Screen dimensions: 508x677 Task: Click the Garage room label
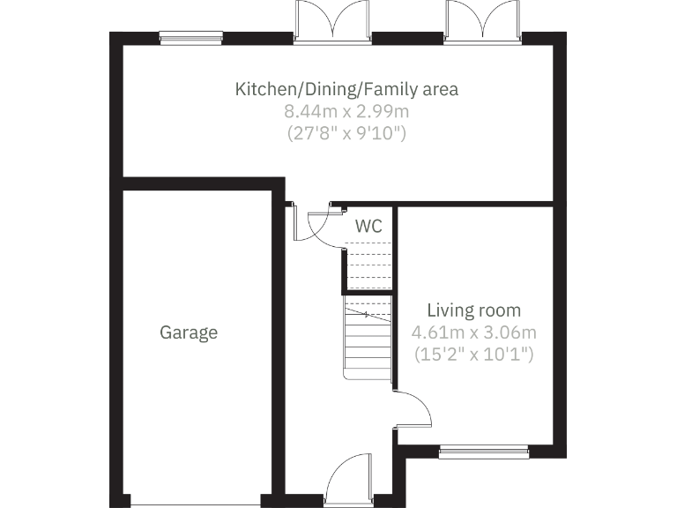point(188,332)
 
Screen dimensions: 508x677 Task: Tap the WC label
point(368,226)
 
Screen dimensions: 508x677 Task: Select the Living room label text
point(473,310)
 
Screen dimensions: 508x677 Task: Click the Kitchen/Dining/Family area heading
point(346,89)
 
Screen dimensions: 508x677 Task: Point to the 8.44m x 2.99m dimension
point(346,112)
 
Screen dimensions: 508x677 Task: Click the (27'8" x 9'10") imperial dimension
point(346,134)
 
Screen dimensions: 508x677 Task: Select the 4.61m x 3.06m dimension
point(473,332)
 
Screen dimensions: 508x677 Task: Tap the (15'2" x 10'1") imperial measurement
point(473,355)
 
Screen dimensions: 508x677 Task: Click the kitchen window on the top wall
point(190,37)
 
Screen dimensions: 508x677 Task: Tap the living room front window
point(484,452)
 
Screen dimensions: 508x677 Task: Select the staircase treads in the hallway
point(368,340)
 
